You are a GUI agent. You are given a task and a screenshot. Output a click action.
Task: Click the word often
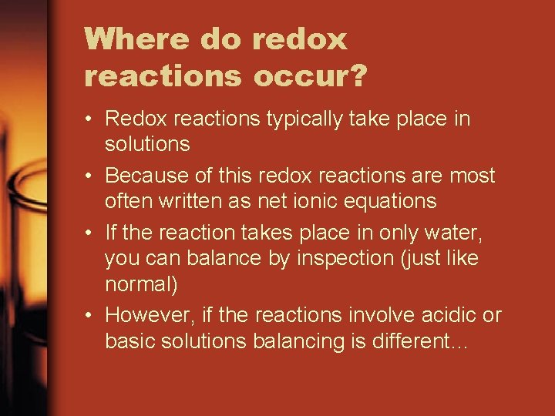[x=128, y=202]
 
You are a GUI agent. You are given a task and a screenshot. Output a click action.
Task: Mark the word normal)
[x=141, y=285]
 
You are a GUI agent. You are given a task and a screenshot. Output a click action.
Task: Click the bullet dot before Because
[x=91, y=176]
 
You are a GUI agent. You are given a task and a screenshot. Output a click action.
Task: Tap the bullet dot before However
[x=91, y=316]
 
